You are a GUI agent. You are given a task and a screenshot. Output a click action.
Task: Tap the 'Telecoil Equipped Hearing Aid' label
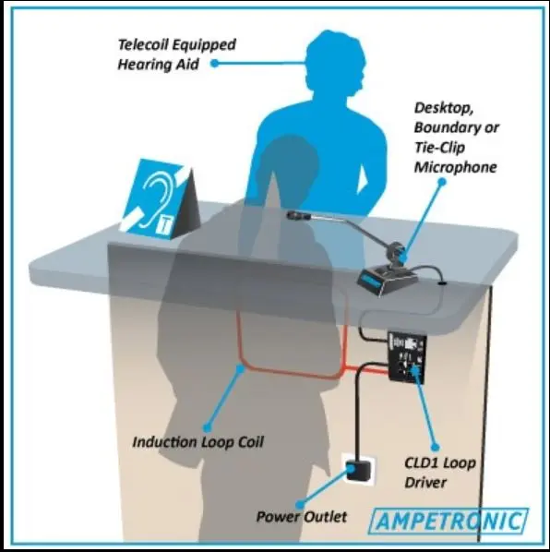176,54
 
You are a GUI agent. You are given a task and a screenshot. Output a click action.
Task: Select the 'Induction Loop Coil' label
197,442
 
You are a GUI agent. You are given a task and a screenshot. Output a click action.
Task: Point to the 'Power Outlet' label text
302,517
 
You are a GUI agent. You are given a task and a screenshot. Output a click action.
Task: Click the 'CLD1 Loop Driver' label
440,473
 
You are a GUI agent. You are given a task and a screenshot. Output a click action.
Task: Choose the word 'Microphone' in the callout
455,167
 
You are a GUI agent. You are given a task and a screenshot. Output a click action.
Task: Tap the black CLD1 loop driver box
407,357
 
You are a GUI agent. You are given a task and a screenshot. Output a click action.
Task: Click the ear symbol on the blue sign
154,198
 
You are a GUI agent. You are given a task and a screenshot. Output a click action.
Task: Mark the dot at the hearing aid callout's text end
215,64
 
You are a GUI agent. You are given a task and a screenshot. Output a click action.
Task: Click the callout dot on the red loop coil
240,369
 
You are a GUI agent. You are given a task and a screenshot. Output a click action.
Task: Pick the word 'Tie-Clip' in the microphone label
439,148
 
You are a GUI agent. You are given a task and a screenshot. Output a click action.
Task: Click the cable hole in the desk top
442,282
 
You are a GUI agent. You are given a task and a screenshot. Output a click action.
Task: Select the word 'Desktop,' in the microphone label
444,108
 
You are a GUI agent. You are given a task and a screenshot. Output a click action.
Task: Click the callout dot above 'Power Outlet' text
299,505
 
